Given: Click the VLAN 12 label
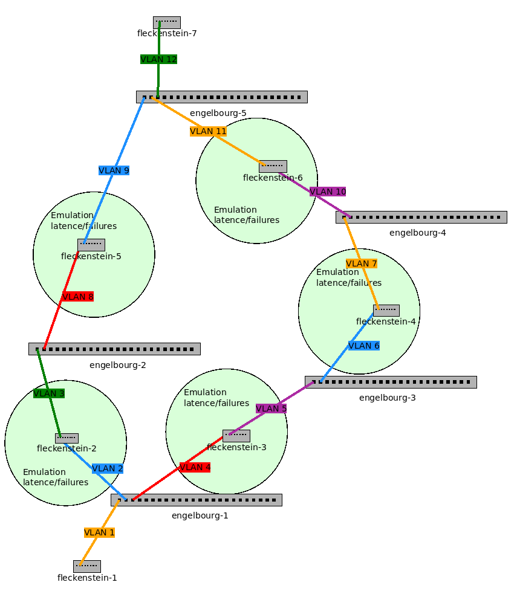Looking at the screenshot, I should tap(158, 59).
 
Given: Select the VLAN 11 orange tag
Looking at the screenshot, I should tap(208, 131).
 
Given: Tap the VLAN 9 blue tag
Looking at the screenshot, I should tap(114, 170).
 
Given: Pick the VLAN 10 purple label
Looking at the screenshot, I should tap(328, 192).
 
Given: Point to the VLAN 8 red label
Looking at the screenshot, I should tap(78, 297).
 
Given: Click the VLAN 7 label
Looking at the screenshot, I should tap(361, 263).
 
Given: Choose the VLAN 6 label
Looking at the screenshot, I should tap(363, 346).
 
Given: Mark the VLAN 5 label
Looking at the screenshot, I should tap(271, 409).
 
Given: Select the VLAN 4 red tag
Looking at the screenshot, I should tap(195, 467).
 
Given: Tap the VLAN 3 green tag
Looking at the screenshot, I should tap(49, 393).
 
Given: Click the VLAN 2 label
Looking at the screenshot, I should tap(107, 468).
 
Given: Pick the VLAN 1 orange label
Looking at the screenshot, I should tap(99, 532).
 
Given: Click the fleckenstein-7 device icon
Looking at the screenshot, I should tap(166, 22).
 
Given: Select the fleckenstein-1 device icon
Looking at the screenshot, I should tap(86, 566).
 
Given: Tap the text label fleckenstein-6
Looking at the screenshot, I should tap(273, 178).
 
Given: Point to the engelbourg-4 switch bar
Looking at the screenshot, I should tap(421, 217).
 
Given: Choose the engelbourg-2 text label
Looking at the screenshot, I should tap(117, 365).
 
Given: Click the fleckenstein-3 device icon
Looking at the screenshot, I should tap(236, 436).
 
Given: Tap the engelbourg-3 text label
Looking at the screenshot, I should tap(387, 398).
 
